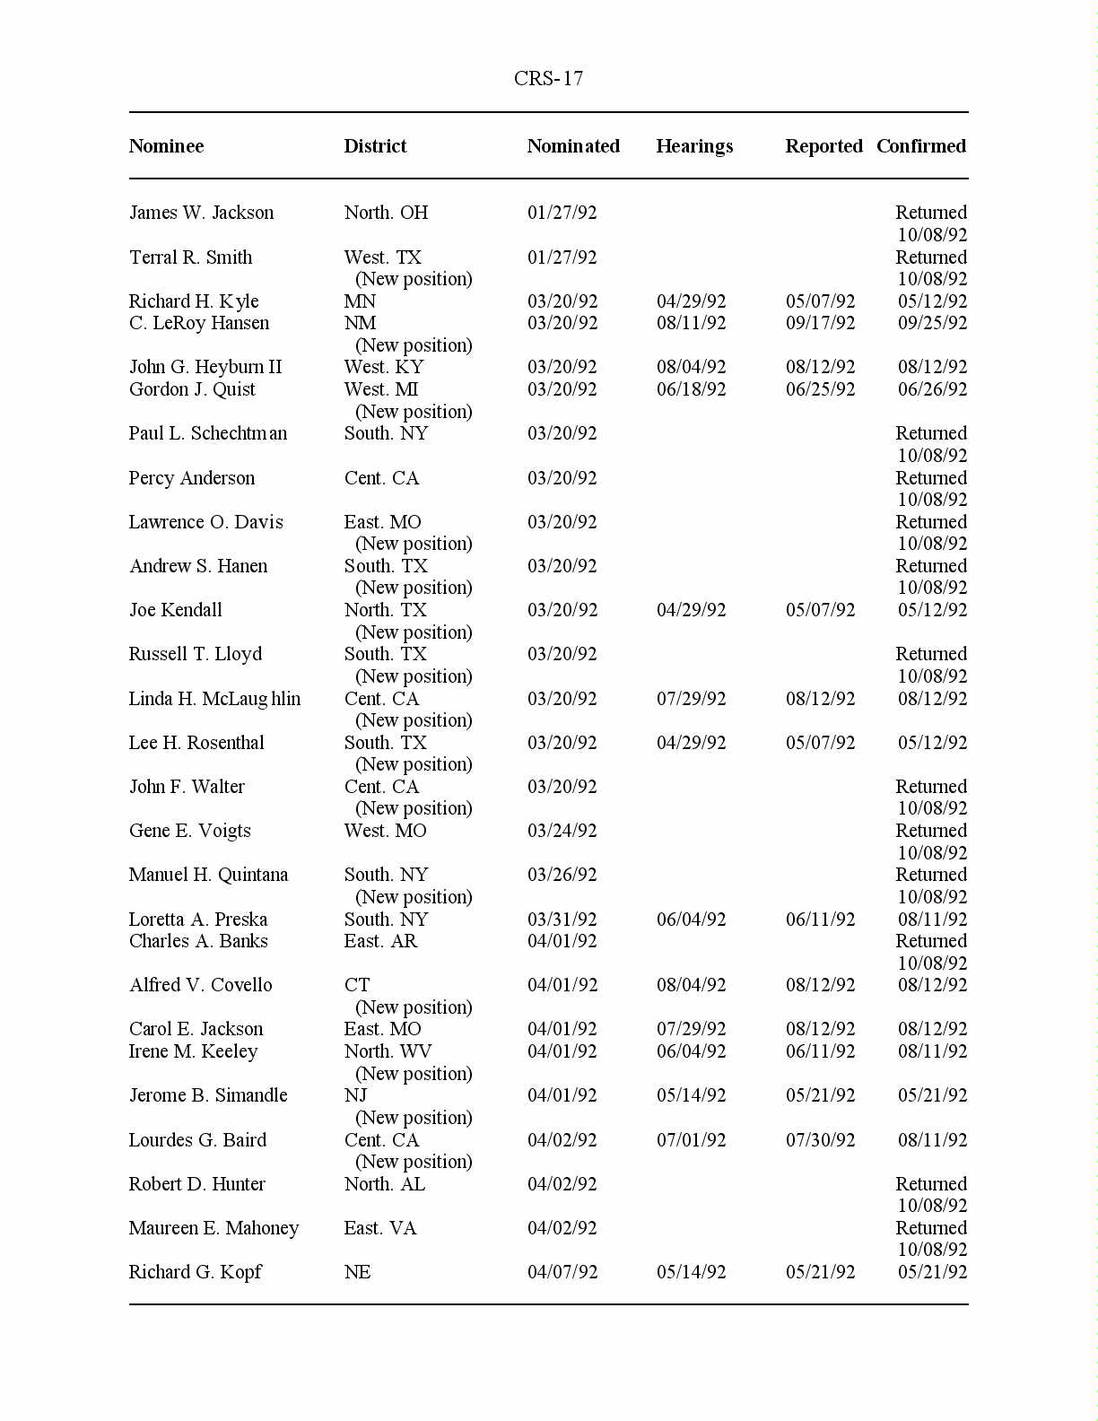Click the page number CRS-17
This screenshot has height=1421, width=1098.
pos(548,79)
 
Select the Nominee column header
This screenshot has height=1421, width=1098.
pos(166,146)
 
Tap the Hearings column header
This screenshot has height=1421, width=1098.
pos(694,146)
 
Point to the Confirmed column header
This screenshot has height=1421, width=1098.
pos(920,146)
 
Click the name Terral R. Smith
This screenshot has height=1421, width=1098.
pos(190,257)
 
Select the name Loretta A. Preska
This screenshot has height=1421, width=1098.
pos(197,920)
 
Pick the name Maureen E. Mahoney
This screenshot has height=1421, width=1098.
pos(213,1228)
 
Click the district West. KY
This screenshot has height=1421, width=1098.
pos(383,367)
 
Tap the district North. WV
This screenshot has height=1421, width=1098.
pos(388,1051)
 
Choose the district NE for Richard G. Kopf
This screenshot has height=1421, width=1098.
pos(357,1272)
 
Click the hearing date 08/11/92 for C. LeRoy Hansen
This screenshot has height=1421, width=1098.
pos(691,323)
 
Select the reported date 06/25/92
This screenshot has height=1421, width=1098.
pos(820,389)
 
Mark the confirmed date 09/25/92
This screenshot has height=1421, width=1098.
pos(932,323)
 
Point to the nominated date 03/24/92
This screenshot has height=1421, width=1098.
pos(562,831)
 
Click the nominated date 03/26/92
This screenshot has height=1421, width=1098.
pos(562,875)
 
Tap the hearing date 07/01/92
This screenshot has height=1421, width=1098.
pos(691,1140)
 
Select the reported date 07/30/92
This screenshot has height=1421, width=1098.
pos(820,1140)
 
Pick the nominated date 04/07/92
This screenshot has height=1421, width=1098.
pos(562,1272)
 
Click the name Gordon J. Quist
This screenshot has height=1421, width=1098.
pos(192,389)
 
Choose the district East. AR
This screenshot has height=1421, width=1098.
pos(380,941)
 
